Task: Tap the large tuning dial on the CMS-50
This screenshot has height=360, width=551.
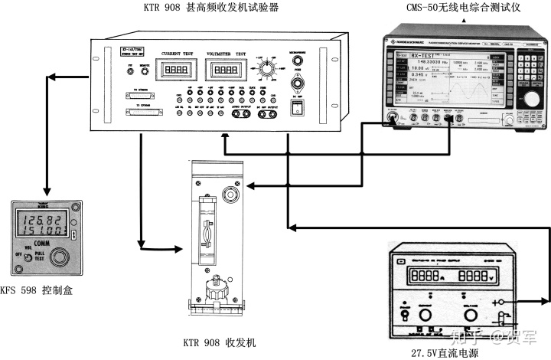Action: click(529, 99)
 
